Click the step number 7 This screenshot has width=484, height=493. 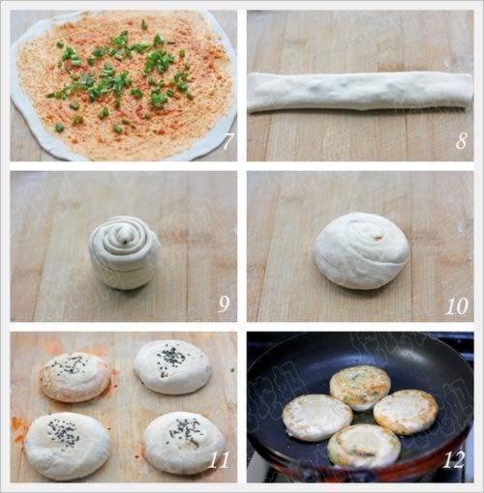pyautogui.click(x=228, y=141)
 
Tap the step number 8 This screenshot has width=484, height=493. pyautogui.click(x=462, y=141)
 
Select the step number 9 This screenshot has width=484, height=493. pyautogui.click(x=224, y=304)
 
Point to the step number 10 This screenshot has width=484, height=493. pyautogui.click(x=457, y=306)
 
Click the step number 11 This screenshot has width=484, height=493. pyautogui.click(x=219, y=460)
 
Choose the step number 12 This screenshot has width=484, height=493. pyautogui.click(x=454, y=460)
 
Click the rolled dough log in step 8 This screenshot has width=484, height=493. pyautogui.click(x=360, y=92)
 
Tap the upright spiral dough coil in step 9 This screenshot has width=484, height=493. pyautogui.click(x=124, y=252)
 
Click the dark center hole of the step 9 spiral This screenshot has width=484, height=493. pyautogui.click(x=125, y=240)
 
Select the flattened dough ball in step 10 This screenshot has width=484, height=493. pyautogui.click(x=362, y=249)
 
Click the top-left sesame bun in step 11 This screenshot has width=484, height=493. pyautogui.click(x=75, y=377)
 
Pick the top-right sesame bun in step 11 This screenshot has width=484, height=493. pyautogui.click(x=172, y=366)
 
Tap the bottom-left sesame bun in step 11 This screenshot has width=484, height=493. pyautogui.click(x=68, y=447)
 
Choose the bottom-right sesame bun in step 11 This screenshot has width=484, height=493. pyautogui.click(x=183, y=444)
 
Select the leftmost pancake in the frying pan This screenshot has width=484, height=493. pyautogui.click(x=318, y=417)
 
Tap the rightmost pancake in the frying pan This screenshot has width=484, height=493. pyautogui.click(x=406, y=412)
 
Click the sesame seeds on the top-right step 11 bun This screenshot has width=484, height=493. pyautogui.click(x=170, y=357)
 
